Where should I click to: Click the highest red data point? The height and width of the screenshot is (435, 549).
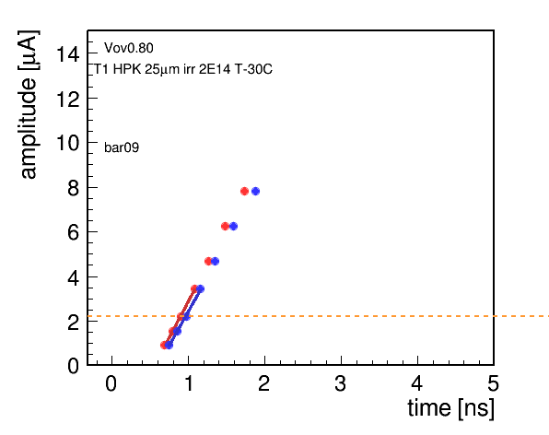[x=244, y=191]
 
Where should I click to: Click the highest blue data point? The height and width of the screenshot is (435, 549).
[x=255, y=191]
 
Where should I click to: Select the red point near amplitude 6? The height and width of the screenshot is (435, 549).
[x=225, y=227]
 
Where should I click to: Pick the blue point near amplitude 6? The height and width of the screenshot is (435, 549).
[x=234, y=227]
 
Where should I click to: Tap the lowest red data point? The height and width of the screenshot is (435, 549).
[x=164, y=346]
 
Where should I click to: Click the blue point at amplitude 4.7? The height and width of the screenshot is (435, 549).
[x=215, y=262]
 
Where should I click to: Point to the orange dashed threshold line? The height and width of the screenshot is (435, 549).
[x=319, y=316]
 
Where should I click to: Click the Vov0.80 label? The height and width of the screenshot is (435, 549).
[x=128, y=48]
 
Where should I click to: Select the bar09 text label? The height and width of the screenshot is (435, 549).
[x=122, y=147]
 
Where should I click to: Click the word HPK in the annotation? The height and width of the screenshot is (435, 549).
[x=127, y=69]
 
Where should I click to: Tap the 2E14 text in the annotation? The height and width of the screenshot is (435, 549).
[x=215, y=69]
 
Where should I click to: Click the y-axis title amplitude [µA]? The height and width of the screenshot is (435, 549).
[x=29, y=104]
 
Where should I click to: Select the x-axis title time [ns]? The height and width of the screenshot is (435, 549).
[x=451, y=408]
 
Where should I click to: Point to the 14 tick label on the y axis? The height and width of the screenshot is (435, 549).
[x=67, y=54]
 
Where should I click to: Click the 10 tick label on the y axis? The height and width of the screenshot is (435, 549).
[x=67, y=143]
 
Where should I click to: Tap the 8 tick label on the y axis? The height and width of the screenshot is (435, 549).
[x=74, y=188]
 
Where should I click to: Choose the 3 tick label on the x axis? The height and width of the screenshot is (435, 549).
[x=340, y=383]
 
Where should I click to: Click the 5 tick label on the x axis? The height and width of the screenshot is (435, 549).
[x=493, y=383]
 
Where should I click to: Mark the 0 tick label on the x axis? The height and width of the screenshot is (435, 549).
[x=111, y=383]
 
